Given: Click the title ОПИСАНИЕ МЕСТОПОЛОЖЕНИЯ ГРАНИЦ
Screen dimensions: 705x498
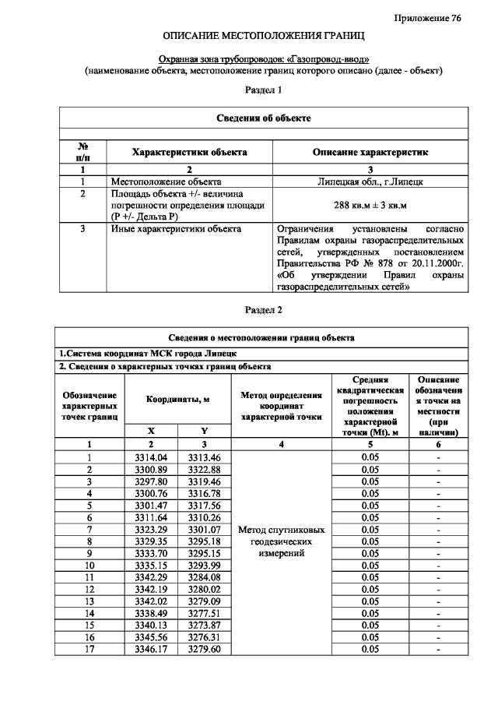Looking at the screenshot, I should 264,37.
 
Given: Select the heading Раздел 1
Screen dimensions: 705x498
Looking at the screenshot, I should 264,90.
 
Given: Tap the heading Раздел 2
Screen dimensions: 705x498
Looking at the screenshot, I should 264,309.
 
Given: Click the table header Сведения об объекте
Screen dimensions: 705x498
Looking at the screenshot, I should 264,118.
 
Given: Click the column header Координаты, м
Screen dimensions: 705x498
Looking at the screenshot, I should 178,399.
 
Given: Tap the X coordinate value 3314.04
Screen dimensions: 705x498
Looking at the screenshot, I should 151,457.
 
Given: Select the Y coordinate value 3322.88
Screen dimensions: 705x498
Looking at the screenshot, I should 205,470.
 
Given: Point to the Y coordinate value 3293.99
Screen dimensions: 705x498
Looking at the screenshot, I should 205,566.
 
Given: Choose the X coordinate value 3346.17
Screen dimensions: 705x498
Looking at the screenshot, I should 151,650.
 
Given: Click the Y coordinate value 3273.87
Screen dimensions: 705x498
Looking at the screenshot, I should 205,626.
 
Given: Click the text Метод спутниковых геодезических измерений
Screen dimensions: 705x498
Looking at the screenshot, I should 281,541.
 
